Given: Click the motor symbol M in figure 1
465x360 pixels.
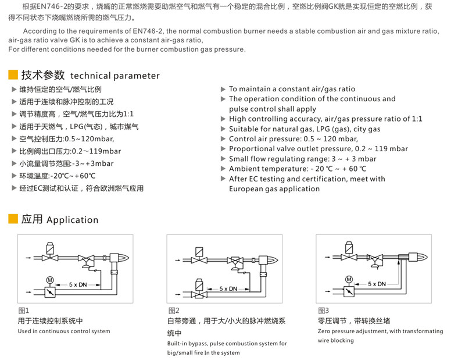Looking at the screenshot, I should pyautogui.click(x=49, y=280).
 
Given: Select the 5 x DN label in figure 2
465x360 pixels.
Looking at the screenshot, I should pyautogui.click(x=228, y=288).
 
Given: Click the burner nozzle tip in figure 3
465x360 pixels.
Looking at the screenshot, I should pyautogui.click(x=425, y=257).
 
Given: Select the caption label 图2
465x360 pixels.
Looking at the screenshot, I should pyautogui.click(x=174, y=311).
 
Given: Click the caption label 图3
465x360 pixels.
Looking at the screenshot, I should pyautogui.click(x=323, y=311).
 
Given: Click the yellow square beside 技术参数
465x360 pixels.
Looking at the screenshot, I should pyautogui.click(x=13, y=75).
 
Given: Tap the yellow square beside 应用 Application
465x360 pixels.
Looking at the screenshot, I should pyautogui.click(x=13, y=219).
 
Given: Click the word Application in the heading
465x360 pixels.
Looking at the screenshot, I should pyautogui.click(x=72, y=220).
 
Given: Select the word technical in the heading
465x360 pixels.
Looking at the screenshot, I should pyautogui.click(x=91, y=76).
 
